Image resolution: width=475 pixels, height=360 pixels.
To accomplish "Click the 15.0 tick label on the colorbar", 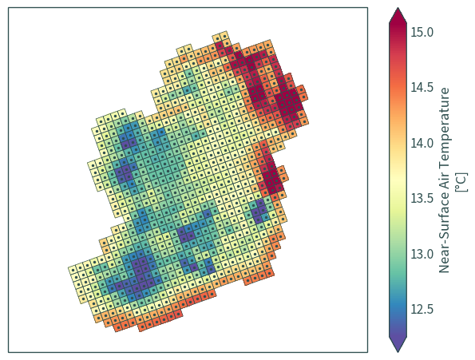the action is point(422,32).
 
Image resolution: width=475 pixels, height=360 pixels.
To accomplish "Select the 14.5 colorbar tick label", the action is point(422,87).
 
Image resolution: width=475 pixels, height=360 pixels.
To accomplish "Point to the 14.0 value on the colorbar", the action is point(422,143).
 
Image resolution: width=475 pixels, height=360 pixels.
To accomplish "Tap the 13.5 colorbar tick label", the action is point(422,198).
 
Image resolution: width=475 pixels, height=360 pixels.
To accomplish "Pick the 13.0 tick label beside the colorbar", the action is point(422,254).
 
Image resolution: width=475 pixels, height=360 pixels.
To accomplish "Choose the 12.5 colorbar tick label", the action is point(422,309).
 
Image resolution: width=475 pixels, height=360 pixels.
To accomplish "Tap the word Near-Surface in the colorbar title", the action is point(445,235).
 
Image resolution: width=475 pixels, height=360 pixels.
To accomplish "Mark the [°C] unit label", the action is point(461,182).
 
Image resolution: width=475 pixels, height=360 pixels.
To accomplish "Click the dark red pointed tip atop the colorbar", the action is point(398,14).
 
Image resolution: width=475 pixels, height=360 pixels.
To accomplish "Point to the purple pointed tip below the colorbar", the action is point(398,345).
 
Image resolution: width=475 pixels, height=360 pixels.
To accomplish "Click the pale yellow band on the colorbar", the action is point(398,182).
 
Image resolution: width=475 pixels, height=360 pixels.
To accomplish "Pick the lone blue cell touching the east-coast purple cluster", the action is point(266,217).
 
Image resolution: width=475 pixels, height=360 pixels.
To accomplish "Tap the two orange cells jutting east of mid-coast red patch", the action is point(283,174).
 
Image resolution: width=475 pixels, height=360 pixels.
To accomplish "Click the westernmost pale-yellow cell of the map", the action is point(72,270).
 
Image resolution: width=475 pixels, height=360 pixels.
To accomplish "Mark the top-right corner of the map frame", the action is point(368,7).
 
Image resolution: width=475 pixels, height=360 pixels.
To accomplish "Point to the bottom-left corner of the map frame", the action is point(9,352).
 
